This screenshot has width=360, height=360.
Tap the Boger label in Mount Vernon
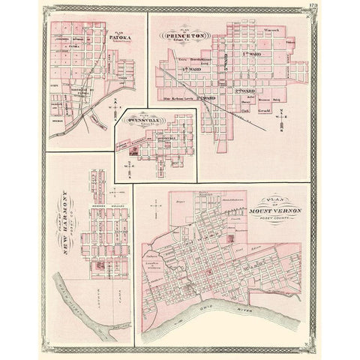tap(178, 203)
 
